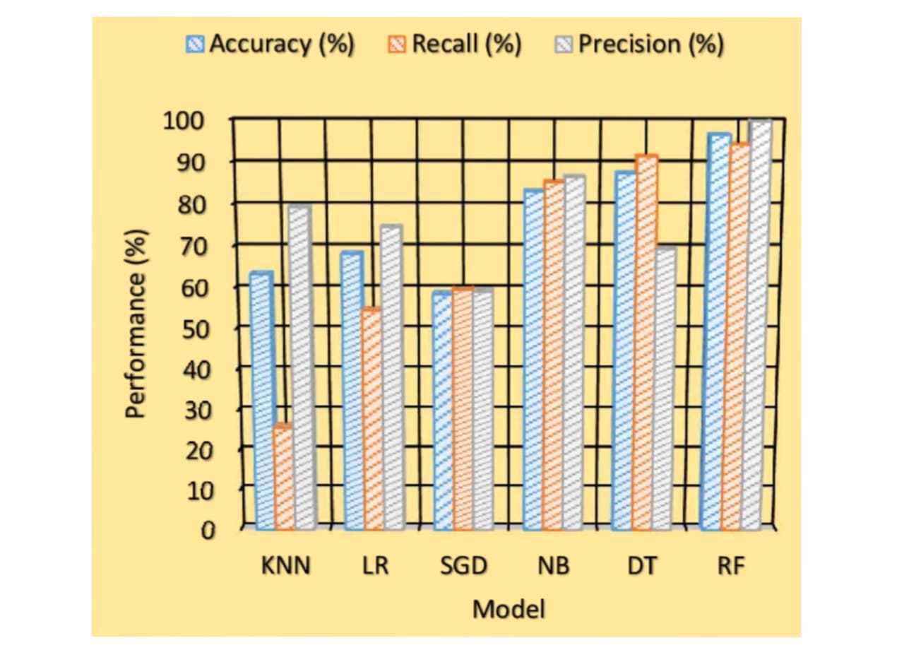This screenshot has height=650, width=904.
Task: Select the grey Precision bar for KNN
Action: pos(304,367)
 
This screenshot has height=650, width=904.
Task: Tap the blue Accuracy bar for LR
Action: pos(352,391)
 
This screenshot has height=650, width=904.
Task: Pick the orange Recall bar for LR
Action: pos(373,419)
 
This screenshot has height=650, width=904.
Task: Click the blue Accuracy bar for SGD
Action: pos(443,410)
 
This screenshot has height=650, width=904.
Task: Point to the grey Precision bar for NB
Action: pos(573,353)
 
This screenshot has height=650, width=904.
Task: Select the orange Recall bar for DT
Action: pos(643,343)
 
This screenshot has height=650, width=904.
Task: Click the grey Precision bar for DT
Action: pos(663,388)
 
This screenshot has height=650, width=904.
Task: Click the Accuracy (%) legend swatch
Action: pos(195,44)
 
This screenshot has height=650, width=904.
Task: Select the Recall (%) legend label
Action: pos(467,44)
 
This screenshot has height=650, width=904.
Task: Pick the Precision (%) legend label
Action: pos(651,44)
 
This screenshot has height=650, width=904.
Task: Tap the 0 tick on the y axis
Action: pos(208,531)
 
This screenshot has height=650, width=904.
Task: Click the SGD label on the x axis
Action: pos(464,566)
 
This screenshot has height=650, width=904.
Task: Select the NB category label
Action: pos(554,566)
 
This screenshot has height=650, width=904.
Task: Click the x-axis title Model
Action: pos(509,609)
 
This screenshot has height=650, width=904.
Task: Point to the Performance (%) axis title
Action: pos(135,324)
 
